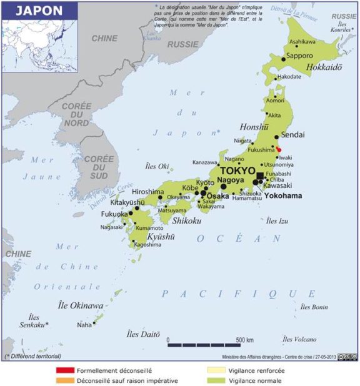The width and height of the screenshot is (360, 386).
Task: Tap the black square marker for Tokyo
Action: [260, 176]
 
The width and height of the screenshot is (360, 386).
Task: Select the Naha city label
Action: [84, 325]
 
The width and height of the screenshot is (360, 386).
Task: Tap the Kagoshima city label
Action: [147, 244]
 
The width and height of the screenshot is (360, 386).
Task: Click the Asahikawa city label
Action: [302, 42]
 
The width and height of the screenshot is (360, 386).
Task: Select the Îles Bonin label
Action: [314, 307]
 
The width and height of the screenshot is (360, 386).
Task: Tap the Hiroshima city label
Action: [147, 192]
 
